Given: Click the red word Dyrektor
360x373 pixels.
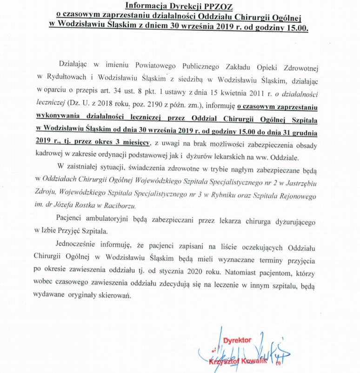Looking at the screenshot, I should [x=237, y=340].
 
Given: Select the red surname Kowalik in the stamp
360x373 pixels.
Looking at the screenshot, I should [x=254, y=360].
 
